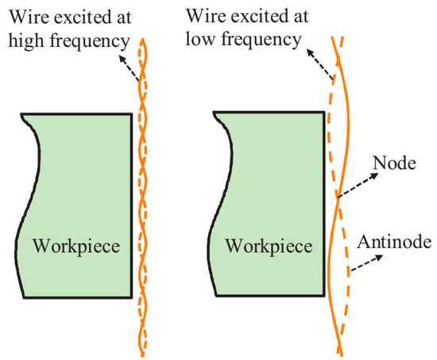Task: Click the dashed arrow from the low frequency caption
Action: tap(322, 68)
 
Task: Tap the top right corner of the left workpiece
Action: tap(131, 114)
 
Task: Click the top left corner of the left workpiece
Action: tap(20, 115)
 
